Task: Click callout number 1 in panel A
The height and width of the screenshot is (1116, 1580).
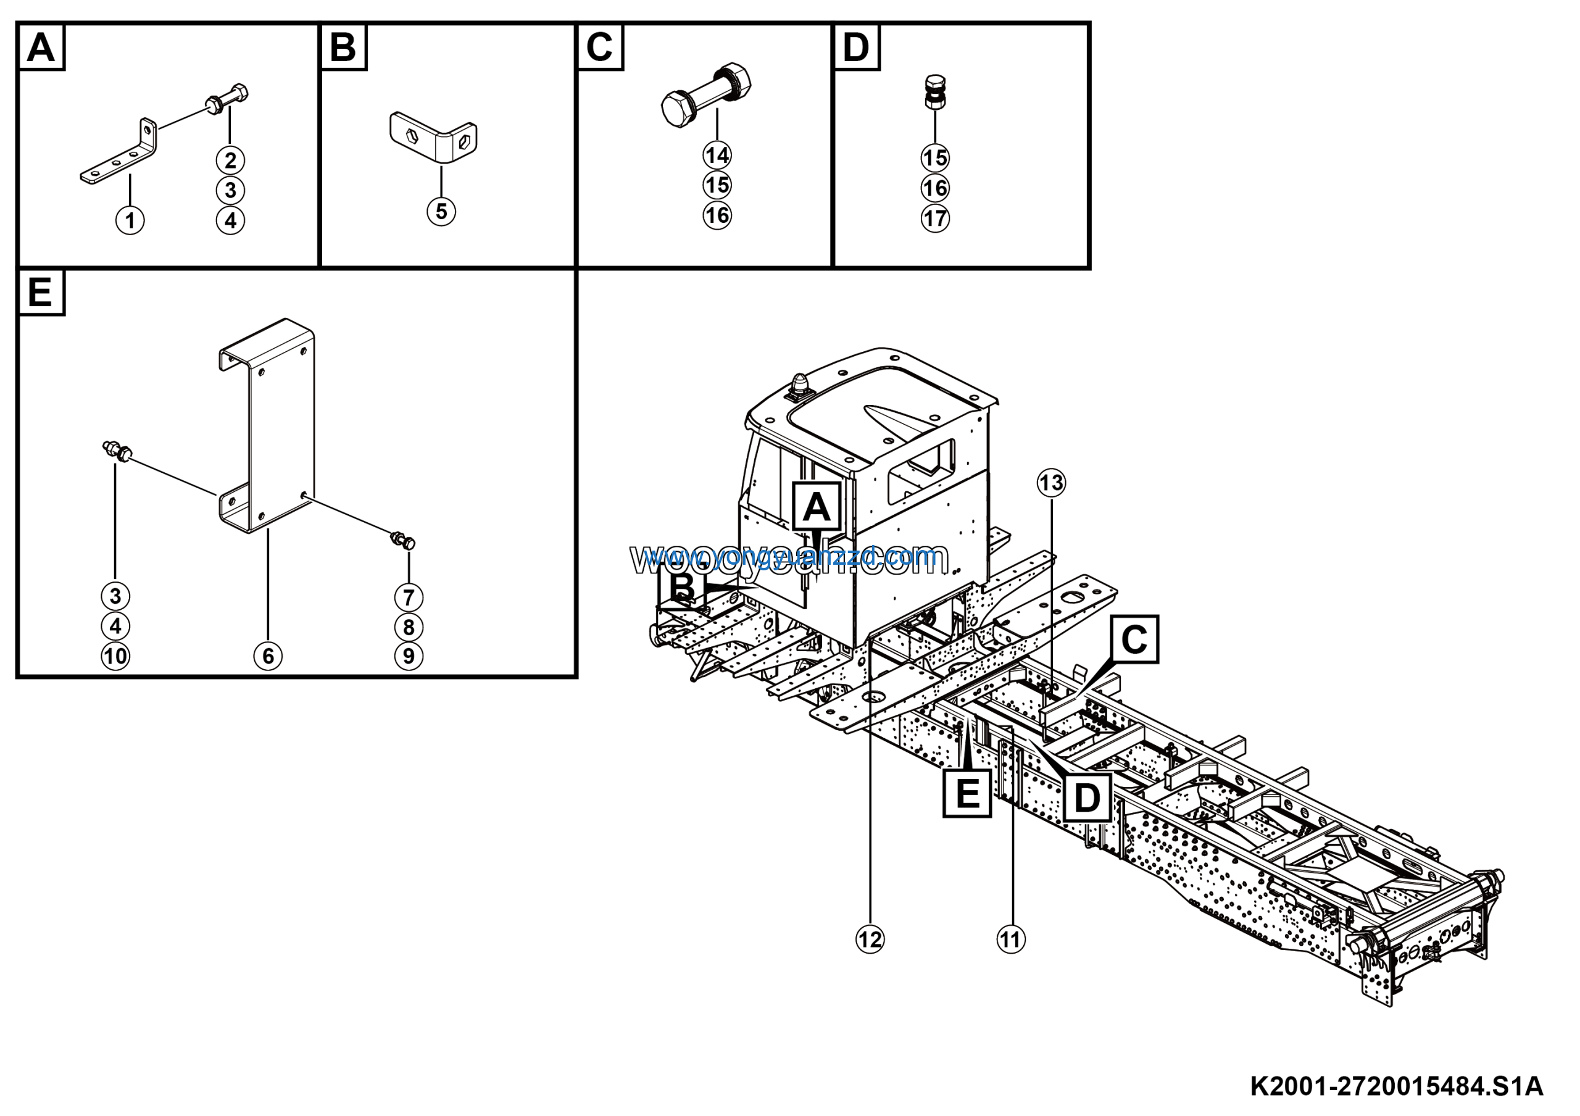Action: [x=130, y=221]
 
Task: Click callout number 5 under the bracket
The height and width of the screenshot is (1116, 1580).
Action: [x=441, y=211]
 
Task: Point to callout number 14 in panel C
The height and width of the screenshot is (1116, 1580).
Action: [x=717, y=156]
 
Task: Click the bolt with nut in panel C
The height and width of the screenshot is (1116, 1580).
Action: [x=705, y=96]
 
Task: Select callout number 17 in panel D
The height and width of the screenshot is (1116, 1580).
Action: [x=934, y=219]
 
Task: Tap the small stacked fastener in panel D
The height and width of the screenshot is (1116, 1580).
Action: [x=934, y=91]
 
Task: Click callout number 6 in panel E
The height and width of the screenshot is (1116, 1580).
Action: [x=268, y=656]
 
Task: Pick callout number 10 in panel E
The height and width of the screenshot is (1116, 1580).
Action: [x=115, y=656]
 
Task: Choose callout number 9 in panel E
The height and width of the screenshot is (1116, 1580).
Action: [x=409, y=656]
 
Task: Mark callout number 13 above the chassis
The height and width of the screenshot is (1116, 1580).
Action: [x=1051, y=483]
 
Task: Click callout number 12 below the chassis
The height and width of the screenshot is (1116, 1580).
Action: [x=870, y=940]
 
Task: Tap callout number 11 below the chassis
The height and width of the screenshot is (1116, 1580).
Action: [x=1011, y=940]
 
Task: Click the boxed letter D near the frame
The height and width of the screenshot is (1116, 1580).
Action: [x=1087, y=798]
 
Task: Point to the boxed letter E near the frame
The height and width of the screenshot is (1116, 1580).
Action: [x=967, y=793]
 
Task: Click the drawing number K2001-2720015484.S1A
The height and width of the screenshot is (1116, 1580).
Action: [x=1396, y=1086]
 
